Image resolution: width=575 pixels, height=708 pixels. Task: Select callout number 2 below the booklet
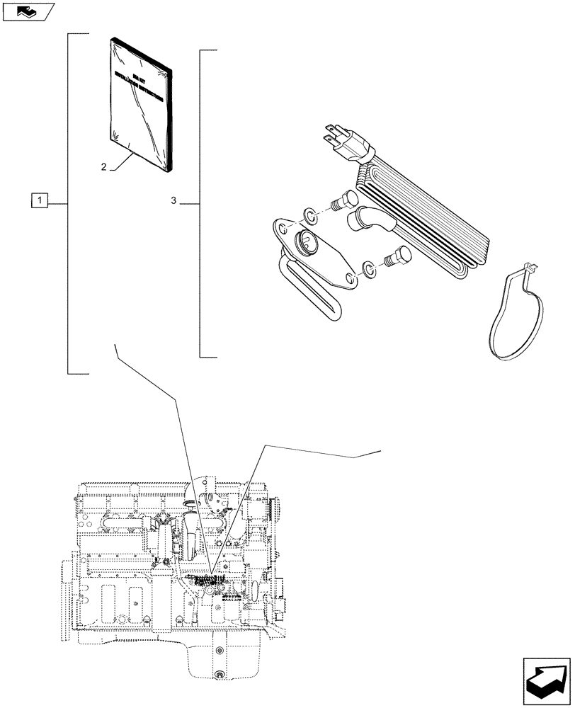pos(104,167)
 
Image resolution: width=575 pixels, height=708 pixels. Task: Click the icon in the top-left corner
pos(28,11)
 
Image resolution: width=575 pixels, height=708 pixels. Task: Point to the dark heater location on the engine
pos(207,580)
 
